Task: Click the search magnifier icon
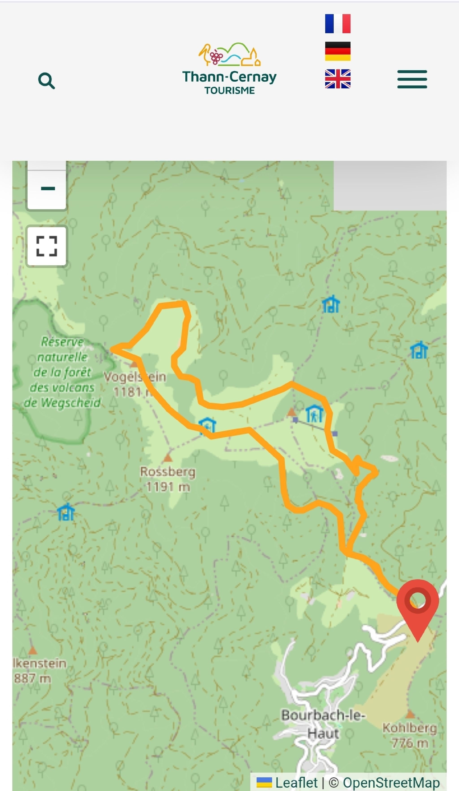(x=46, y=81)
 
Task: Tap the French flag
(x=338, y=24)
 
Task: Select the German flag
(x=338, y=51)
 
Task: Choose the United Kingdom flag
(x=338, y=79)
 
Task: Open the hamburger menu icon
(x=412, y=79)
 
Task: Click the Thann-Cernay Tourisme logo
(x=229, y=69)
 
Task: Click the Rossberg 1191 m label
(x=168, y=479)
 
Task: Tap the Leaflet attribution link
(x=296, y=782)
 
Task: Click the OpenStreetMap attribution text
(x=391, y=782)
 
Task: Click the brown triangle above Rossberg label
(x=168, y=458)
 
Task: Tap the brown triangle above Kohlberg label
(x=410, y=714)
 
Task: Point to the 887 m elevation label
(x=32, y=678)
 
